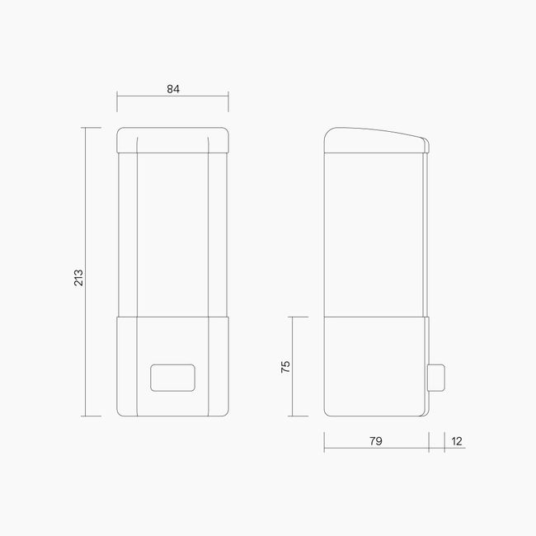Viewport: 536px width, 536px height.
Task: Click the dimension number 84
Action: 172,89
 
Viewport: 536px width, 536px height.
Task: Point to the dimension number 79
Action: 375,441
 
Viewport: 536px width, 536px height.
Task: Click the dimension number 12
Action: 457,441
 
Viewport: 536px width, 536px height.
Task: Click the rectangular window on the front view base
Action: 172,378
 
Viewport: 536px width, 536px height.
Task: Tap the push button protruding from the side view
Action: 438,377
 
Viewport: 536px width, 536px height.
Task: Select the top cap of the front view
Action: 172,140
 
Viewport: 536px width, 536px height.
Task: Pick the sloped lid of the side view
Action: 375,140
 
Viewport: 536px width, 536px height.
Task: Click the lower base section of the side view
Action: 375,366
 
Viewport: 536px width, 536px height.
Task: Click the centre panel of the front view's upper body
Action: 172,235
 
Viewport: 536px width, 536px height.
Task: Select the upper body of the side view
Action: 375,235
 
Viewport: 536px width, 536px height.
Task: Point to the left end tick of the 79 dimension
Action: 323,441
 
